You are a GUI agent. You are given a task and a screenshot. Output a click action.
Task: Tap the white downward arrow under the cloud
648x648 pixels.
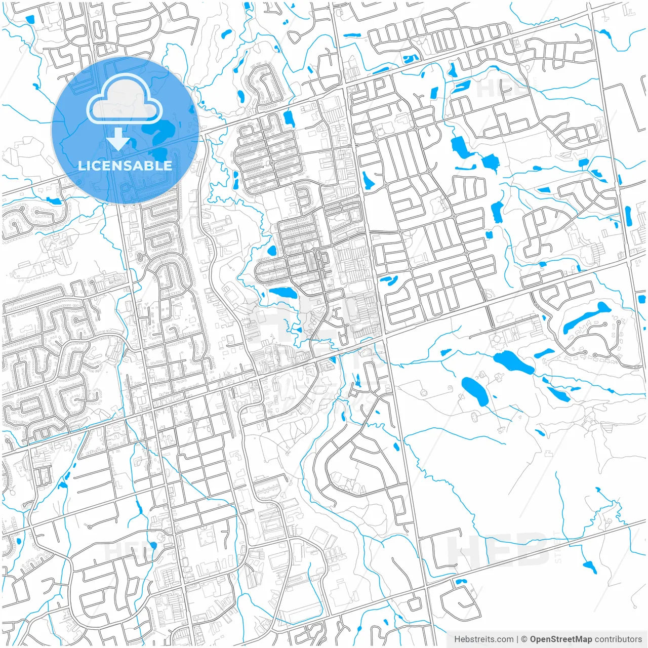coord(118,139)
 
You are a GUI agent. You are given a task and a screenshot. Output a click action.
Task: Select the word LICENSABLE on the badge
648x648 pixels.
coord(125,166)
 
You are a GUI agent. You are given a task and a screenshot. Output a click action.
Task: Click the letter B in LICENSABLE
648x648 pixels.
coord(151,166)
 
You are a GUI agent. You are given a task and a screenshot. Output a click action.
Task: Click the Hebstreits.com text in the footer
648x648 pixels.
coord(483,639)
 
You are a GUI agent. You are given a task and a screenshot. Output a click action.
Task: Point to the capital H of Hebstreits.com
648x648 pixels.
coord(457,639)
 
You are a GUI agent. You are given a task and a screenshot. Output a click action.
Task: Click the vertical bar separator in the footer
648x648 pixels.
coord(517,639)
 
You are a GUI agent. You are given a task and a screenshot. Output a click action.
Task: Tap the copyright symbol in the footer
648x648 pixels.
coord(524,639)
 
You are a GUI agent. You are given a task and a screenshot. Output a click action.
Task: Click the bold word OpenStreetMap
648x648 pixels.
coord(561,639)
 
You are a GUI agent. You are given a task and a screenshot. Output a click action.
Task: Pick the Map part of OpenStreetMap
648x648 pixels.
coord(583,639)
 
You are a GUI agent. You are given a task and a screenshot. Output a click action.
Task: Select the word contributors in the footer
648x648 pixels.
coord(618,639)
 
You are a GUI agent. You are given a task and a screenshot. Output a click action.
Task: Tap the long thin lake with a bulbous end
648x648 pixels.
coord(587,317)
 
